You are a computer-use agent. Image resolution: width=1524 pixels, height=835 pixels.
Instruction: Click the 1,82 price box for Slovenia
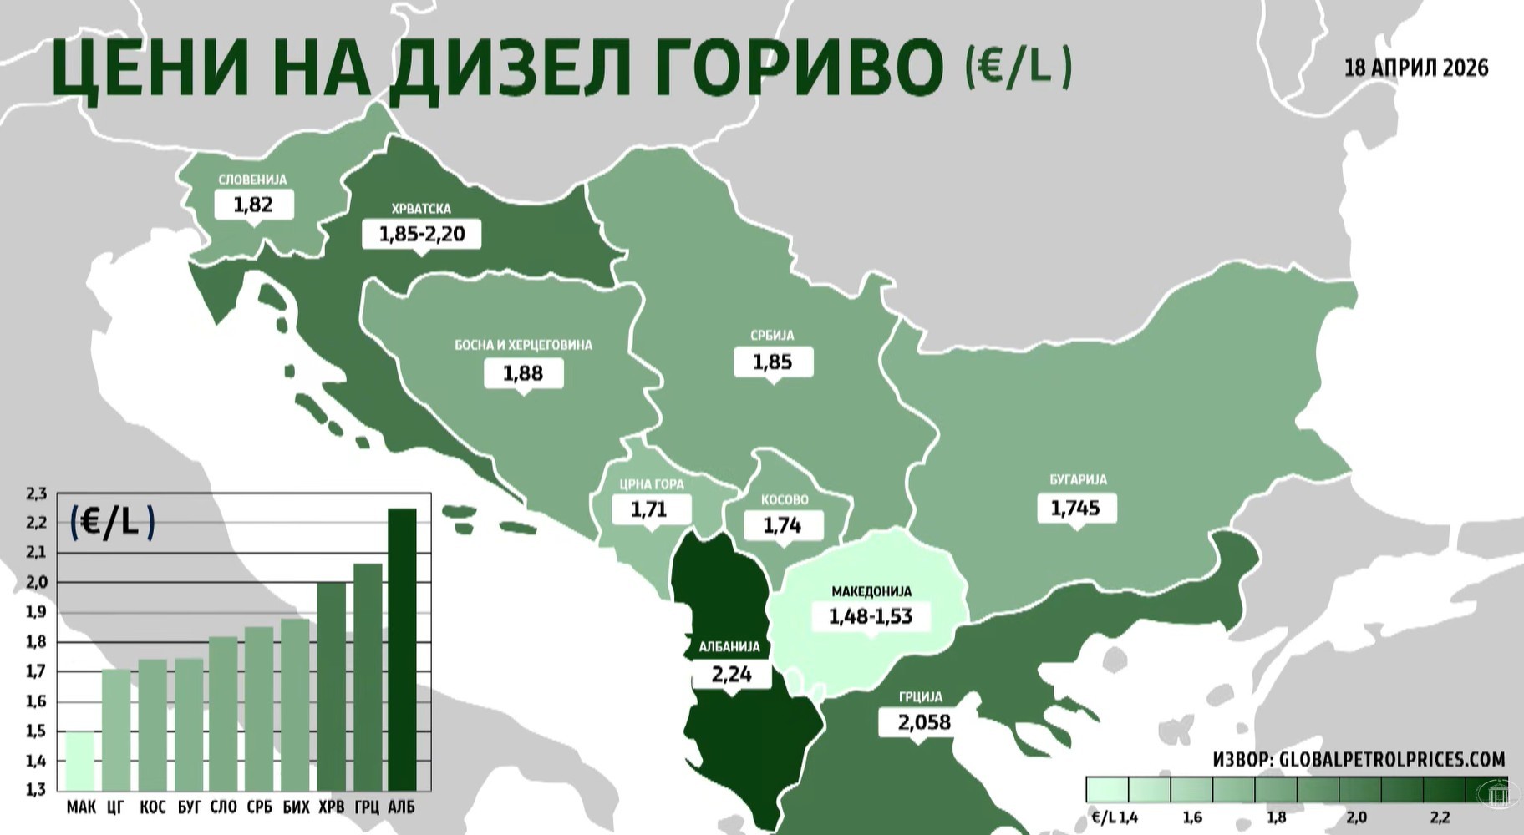tap(253, 205)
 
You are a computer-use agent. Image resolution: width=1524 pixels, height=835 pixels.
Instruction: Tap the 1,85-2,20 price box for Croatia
tap(422, 234)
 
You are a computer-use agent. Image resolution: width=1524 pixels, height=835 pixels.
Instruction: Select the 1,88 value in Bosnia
tap(523, 373)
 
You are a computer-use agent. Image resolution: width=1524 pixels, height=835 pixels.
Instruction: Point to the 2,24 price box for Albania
tap(732, 674)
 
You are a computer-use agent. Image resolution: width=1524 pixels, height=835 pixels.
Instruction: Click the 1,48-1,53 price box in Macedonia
tap(871, 616)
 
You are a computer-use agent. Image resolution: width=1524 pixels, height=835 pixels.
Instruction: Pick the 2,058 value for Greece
tap(924, 721)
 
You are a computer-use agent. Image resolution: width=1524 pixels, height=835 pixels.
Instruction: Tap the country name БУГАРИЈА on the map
tap(1078, 480)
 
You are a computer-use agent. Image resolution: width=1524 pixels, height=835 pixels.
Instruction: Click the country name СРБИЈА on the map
tap(772, 336)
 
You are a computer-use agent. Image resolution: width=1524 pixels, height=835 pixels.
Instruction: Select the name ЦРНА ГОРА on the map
tap(652, 484)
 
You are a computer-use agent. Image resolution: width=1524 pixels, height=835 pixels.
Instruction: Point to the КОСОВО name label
tap(785, 500)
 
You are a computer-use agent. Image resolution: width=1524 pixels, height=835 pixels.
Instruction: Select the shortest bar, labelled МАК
tap(80, 761)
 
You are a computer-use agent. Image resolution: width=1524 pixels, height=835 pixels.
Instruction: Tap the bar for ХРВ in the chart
tap(332, 686)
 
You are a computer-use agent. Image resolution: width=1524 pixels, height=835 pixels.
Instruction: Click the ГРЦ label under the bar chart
tap(367, 807)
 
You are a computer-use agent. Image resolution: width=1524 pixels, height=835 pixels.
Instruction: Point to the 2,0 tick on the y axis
tap(36, 582)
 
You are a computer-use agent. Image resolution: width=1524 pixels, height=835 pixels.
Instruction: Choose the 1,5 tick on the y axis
tap(36, 731)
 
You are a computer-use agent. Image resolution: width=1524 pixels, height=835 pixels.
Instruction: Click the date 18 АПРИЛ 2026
tap(1416, 68)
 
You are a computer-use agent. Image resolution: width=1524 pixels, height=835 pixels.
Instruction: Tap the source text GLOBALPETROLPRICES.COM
tap(1391, 759)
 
